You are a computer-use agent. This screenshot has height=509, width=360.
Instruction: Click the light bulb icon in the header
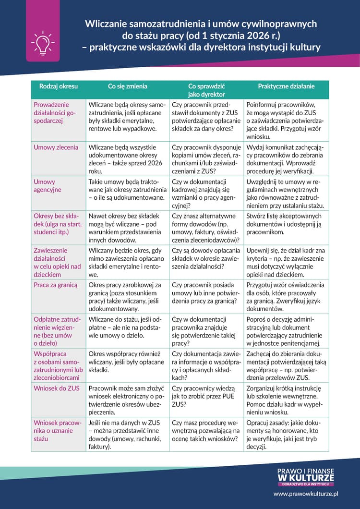(x=43, y=43)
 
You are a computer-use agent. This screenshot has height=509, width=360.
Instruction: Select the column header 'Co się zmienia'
(x=127, y=86)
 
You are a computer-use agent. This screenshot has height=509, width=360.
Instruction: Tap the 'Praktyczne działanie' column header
(x=286, y=86)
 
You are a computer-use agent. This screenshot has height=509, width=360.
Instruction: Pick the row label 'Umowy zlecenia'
(x=56, y=147)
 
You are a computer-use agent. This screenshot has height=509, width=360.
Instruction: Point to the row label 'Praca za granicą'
(x=55, y=285)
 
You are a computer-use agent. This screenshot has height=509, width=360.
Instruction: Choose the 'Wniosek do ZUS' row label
(x=57, y=388)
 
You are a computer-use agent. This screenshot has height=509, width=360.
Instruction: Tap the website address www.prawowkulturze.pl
(x=306, y=493)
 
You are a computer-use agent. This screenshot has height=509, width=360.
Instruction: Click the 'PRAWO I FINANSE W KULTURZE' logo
(x=306, y=475)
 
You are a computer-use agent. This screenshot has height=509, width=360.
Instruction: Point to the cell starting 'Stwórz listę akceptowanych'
(x=287, y=224)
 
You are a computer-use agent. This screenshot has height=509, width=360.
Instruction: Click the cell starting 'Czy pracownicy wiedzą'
(x=206, y=396)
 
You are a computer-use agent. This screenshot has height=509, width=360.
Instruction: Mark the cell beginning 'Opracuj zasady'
(x=286, y=435)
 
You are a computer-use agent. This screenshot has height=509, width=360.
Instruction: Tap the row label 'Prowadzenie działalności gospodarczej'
(x=55, y=113)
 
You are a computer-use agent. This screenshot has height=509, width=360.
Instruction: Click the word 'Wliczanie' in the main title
(x=106, y=24)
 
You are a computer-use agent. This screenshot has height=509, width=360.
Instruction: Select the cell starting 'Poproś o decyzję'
(x=286, y=331)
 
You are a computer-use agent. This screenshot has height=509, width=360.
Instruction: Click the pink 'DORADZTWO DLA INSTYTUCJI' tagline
(x=306, y=484)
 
